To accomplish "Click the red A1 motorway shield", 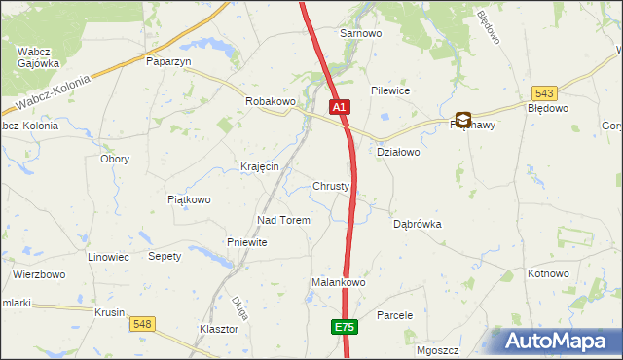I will (339, 107).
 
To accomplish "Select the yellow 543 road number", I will (544, 93).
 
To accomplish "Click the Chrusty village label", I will (331, 186).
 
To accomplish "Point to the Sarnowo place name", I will (359, 33).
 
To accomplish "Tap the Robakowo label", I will (270, 101).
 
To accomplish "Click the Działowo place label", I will (397, 152).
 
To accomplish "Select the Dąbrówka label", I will (418, 223).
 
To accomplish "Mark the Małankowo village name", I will (338, 282).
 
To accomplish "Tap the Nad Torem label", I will (283, 220).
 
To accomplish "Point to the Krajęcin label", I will (260, 166).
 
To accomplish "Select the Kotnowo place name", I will (548, 273).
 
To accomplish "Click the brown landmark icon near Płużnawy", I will (463, 121).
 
